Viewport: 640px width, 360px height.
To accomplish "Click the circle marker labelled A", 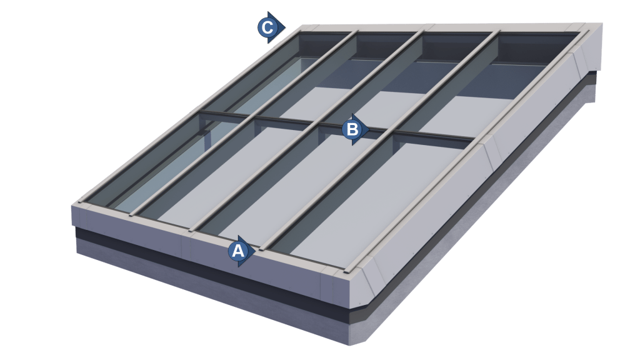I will click(237, 251).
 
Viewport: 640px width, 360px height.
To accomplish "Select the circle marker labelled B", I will click(352, 129).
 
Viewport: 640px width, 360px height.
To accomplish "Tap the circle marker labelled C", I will click(267, 27).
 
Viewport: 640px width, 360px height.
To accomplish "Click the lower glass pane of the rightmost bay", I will click(400, 200).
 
